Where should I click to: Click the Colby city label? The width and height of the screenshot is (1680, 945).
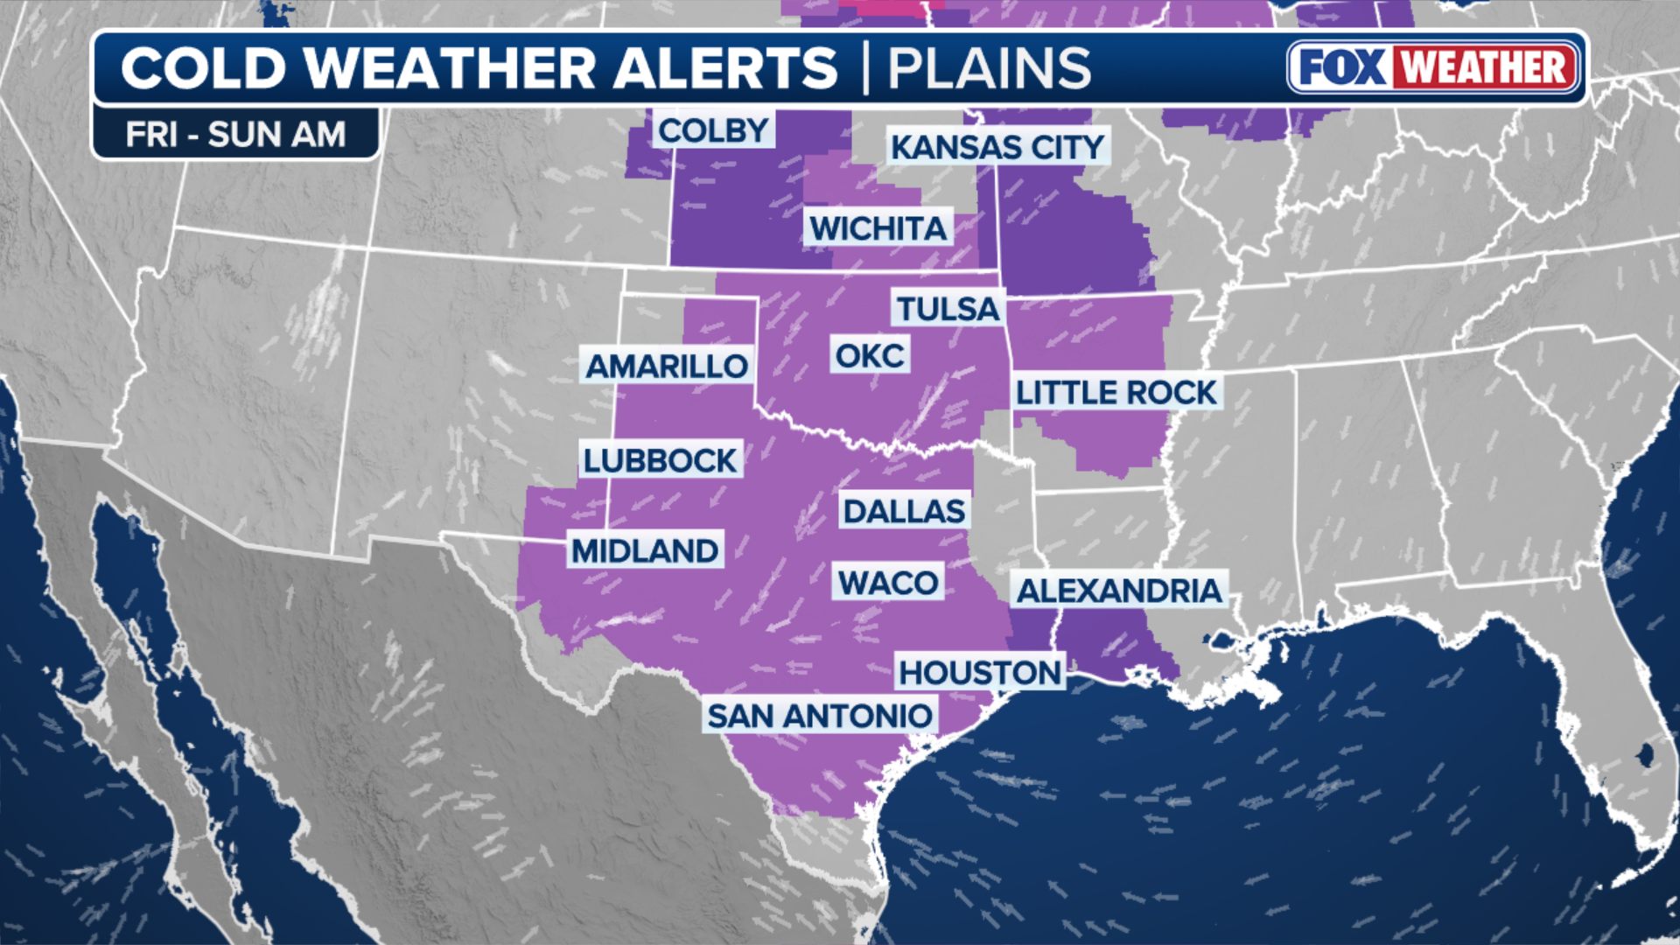pos(713,130)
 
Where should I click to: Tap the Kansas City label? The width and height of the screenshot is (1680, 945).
pos(997,147)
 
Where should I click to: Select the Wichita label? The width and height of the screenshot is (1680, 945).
pos(878,228)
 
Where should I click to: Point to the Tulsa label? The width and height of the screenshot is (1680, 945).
pos(948,309)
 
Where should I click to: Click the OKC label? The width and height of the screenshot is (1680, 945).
pos(870,356)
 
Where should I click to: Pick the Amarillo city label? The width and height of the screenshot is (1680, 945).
pos(667,366)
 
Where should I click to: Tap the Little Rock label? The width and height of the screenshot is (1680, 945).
pos(1116,393)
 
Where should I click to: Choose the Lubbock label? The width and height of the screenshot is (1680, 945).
pos(661,460)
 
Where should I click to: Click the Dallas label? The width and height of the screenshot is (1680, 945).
pos(904,511)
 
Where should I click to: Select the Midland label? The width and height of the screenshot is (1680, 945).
pos(645,550)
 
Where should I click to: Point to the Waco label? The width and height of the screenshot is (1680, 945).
pos(888,583)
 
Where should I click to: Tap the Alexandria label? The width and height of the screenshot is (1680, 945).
pos(1119,591)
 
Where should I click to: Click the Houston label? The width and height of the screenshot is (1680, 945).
pos(980,673)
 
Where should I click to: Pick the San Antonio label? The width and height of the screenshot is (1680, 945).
pos(819,716)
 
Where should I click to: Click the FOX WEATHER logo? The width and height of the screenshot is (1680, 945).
pos(1434,67)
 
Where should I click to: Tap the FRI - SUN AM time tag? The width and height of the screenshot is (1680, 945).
pos(235,135)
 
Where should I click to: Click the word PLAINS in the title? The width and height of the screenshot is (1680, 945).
pos(990,68)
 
